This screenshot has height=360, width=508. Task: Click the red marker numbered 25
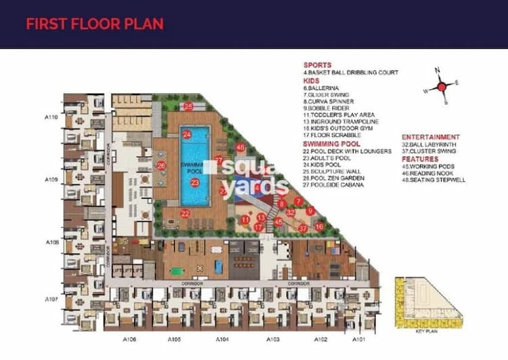pos(188,106)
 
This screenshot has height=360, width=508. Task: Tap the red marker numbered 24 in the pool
pos(186,134)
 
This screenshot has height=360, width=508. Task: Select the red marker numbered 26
pos(161,165)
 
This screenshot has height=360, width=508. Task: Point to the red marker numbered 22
pos(185,214)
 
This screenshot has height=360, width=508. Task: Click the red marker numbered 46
pos(240,147)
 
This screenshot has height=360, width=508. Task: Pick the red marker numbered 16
pos(319,226)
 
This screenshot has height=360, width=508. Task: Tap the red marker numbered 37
pos(303,228)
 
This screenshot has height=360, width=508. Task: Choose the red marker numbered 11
pos(245,220)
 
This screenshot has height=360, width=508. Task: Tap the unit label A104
pos(223,338)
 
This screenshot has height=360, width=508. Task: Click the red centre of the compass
pos(441,86)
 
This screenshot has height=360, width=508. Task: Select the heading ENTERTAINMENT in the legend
pos(431,137)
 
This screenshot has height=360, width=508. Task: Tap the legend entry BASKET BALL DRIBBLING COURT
pos(353,73)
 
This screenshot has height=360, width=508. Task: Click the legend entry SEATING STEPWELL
pos(436,180)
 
